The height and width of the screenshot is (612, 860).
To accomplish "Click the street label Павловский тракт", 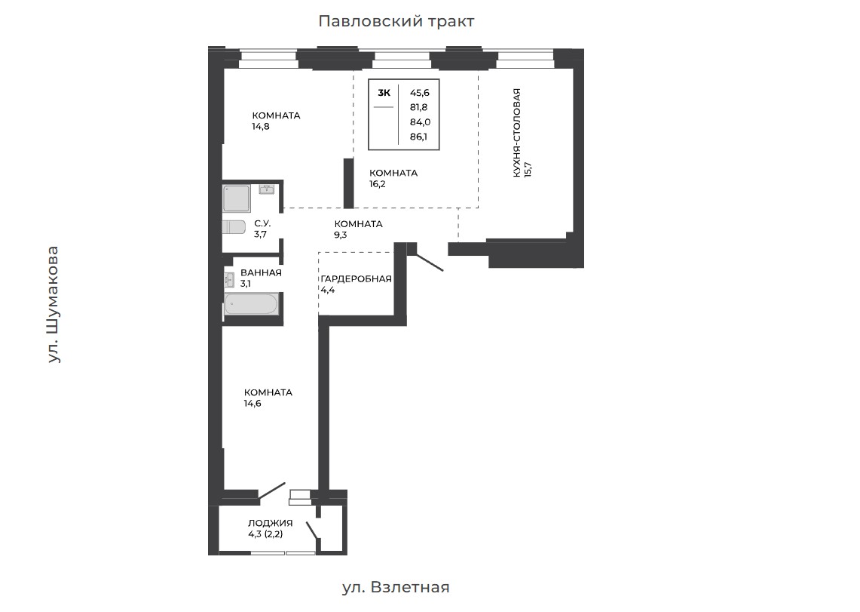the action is click(396, 21).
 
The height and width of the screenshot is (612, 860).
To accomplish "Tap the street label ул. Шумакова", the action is click(53, 305).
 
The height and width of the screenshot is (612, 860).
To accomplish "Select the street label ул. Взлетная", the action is click(396, 587).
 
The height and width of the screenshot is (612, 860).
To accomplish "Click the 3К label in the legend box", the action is click(384, 93).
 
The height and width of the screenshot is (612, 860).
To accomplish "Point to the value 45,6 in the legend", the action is click(420, 94).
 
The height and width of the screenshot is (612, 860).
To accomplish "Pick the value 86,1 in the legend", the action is click(418, 137).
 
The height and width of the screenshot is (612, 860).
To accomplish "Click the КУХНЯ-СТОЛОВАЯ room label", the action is click(516, 133).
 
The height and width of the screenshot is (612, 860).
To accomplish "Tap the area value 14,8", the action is click(261, 127).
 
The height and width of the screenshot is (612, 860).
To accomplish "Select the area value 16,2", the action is click(378, 184).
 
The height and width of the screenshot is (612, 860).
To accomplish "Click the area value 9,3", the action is click(341, 235).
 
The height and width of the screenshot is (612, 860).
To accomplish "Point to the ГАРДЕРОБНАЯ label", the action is click(356, 278).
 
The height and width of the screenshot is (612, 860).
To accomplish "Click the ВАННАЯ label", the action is click(261, 272).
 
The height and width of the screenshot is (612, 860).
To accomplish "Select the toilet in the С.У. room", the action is click(234, 227).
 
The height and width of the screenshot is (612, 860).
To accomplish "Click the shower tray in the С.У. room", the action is click(237, 198).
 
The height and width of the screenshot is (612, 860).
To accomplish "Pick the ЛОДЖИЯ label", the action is click(271, 523).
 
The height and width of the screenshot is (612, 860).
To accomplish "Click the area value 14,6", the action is click(252, 404).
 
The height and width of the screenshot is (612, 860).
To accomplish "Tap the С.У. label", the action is click(262, 224).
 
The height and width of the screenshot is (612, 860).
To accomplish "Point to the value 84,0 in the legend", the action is click(420, 122).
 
